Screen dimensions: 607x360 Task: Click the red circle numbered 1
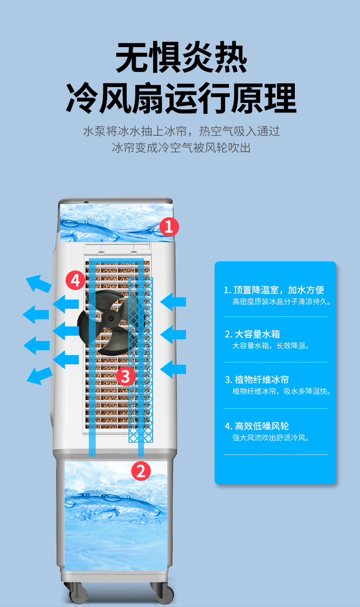[x=169, y=227]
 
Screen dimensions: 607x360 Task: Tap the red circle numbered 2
[x=141, y=470]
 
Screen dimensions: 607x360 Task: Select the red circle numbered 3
[x=126, y=376]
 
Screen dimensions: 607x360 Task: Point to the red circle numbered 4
[x=76, y=280]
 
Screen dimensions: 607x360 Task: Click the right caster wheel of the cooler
[x=162, y=593]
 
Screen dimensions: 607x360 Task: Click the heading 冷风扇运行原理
[x=181, y=97]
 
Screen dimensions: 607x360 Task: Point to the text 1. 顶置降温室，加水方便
[x=274, y=290]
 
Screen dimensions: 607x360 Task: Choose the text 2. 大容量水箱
[x=252, y=335]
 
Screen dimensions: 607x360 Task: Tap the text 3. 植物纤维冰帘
[x=257, y=380]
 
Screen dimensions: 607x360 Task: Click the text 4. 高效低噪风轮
[x=257, y=426]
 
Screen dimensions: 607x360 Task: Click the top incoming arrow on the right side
[x=173, y=301]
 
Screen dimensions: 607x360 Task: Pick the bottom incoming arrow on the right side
[x=173, y=369]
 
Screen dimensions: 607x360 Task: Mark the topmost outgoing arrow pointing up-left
[x=38, y=283]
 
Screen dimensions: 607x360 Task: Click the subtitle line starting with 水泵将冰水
[x=181, y=132]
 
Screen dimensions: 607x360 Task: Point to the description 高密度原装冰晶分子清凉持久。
[x=282, y=302]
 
